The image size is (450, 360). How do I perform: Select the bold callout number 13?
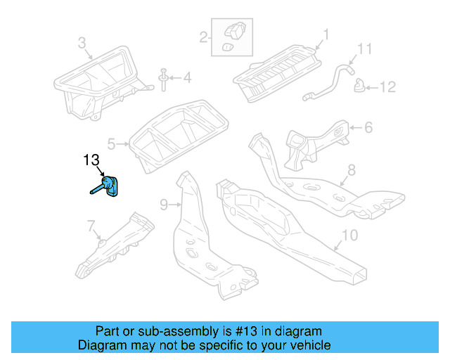pos(92,160)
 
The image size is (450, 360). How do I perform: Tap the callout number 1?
pos(326,33)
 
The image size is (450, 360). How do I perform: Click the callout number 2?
pos(203,37)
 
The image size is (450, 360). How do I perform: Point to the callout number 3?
pos(82,44)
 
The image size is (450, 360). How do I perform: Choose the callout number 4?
pos(186,77)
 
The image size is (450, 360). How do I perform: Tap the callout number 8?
pos(352,169)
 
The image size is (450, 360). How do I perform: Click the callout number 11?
pos(363,49)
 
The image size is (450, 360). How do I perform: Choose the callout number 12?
pos(388,87)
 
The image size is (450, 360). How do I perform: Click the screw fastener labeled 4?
pos(163,79)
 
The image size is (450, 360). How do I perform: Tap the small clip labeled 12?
pos(359,86)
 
